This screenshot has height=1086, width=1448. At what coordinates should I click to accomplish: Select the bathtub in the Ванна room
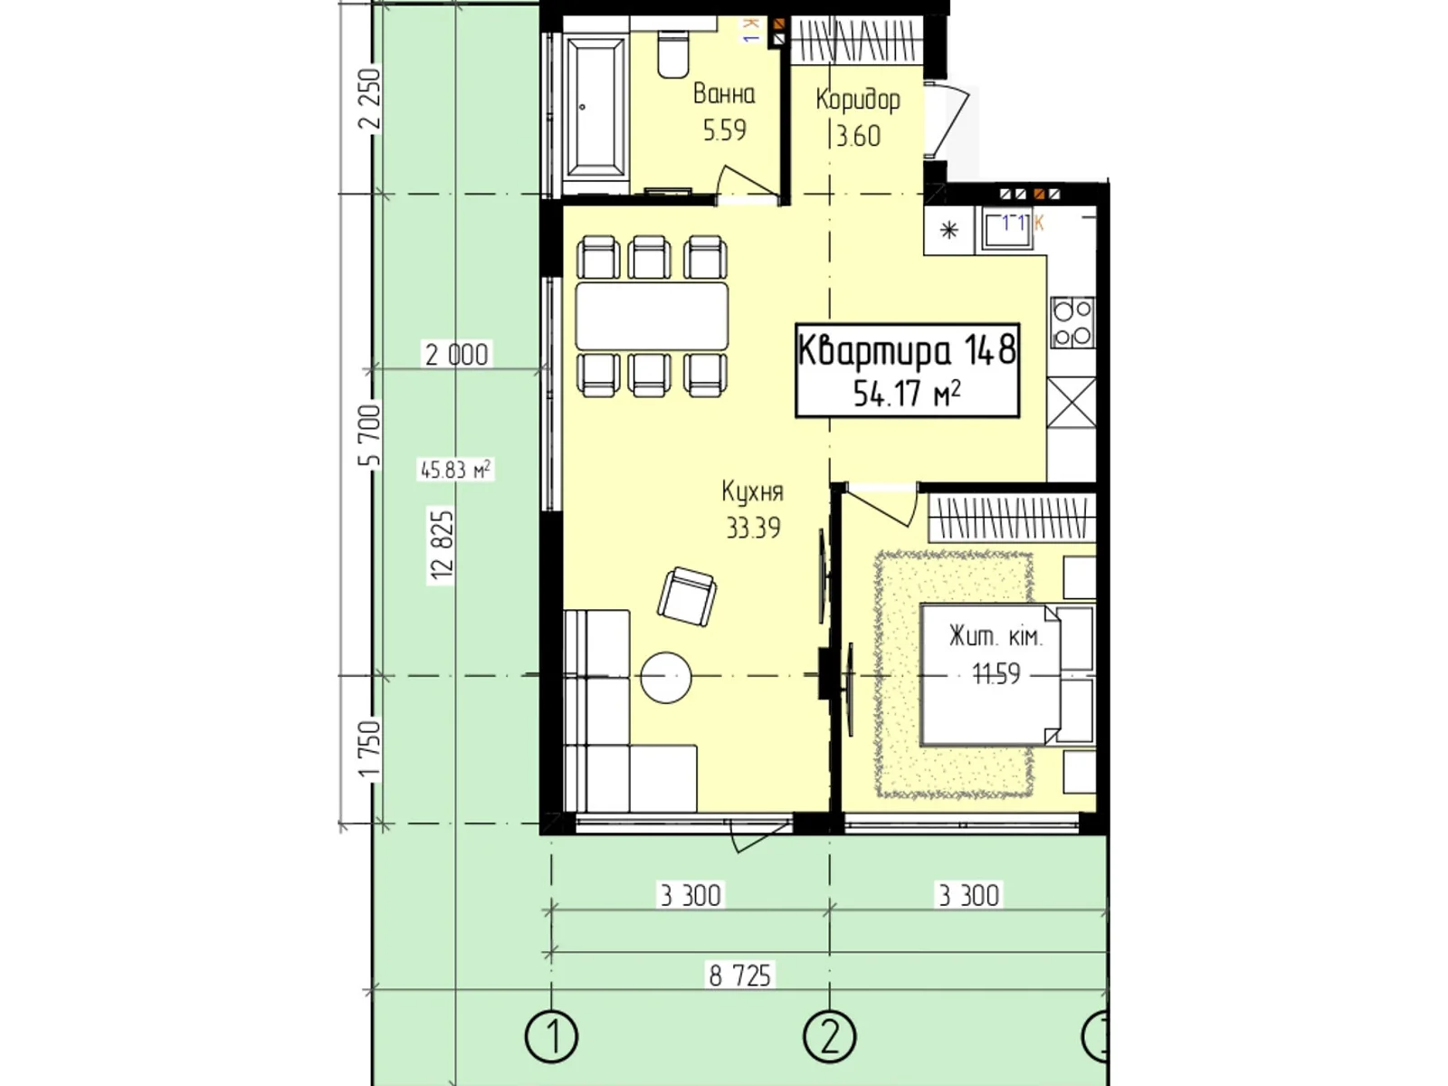pyautogui.click(x=595, y=108)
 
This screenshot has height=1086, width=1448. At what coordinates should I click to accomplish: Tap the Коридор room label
pyautogui.click(x=858, y=100)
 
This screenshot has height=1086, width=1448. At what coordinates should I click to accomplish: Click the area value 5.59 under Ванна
pyautogui.click(x=724, y=130)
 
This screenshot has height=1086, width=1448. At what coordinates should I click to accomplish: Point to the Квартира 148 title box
pyautogui.click(x=907, y=370)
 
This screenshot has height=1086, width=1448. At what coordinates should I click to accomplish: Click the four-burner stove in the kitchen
pyautogui.click(x=1072, y=322)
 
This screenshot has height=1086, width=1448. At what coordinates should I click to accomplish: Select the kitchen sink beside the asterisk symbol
pyautogui.click(x=1006, y=227)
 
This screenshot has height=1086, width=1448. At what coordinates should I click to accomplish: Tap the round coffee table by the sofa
pyautogui.click(x=665, y=677)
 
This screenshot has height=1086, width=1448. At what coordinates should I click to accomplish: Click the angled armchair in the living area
pyautogui.click(x=687, y=596)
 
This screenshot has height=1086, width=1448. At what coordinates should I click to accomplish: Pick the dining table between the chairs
pyautogui.click(x=652, y=316)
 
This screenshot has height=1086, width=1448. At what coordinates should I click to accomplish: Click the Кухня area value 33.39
pyautogui.click(x=753, y=529)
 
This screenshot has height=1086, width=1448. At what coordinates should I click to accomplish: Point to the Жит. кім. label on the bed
pyautogui.click(x=995, y=637)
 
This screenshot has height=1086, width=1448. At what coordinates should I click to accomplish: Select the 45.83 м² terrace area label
pyautogui.click(x=455, y=470)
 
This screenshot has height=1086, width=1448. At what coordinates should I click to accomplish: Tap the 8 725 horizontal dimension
pyautogui.click(x=739, y=976)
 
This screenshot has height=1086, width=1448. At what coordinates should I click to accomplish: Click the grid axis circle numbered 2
pyautogui.click(x=829, y=1036)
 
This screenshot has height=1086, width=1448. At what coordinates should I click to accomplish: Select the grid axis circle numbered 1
pyautogui.click(x=551, y=1036)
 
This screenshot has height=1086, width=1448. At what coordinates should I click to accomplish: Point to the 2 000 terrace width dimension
pyautogui.click(x=456, y=355)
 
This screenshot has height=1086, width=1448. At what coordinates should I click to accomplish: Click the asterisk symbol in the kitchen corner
pyautogui.click(x=948, y=230)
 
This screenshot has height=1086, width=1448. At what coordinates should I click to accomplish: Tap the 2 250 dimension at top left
pyautogui.click(x=369, y=100)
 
